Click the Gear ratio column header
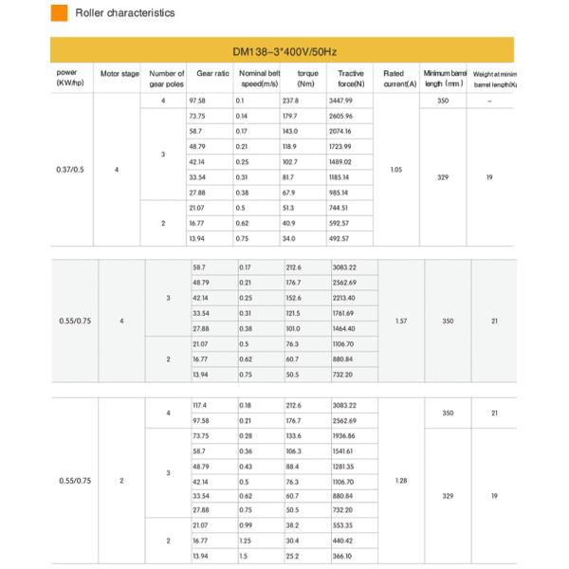click(211, 74)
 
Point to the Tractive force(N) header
click(351, 78)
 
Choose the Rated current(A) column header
click(395, 78)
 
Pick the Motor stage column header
click(119, 74)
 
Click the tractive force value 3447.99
click(340, 101)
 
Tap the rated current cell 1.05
click(396, 170)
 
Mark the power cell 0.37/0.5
click(71, 170)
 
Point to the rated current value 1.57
click(400, 321)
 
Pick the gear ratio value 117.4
click(199, 405)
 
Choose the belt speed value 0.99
click(245, 525)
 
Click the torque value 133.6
click(294, 435)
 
